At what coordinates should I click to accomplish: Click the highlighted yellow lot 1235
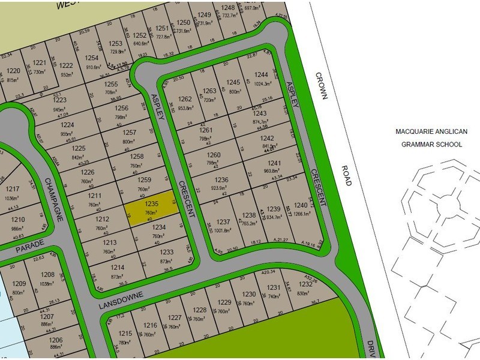(152, 208)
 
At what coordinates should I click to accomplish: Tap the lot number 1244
(261, 74)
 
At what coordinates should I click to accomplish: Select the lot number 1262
(185, 99)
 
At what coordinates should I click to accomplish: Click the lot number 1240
(301, 205)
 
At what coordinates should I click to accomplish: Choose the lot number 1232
(305, 285)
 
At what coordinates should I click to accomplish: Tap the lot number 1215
(125, 334)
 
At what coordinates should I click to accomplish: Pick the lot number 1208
(48, 275)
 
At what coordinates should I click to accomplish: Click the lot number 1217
(13, 189)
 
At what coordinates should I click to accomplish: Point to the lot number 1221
(40, 63)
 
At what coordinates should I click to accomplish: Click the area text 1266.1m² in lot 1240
(302, 213)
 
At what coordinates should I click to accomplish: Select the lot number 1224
(67, 125)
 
